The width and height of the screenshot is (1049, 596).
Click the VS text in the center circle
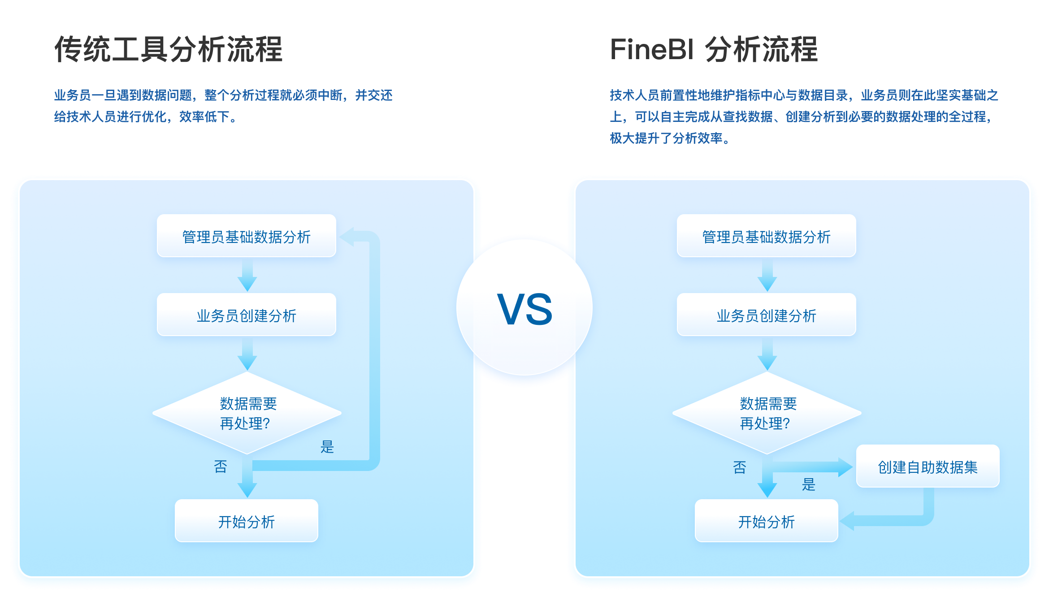pos(524,309)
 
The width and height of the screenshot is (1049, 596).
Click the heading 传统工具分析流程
pos(168,49)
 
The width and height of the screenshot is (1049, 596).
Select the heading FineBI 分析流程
pos(714,49)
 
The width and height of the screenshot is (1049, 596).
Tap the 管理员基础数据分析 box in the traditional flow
pos(246,236)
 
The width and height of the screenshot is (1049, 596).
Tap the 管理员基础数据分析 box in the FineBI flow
pos(766,236)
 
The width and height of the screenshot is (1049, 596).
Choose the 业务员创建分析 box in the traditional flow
pos(246,315)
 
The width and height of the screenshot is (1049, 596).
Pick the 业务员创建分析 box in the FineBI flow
pos(766,315)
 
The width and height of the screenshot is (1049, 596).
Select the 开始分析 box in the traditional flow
pos(246,521)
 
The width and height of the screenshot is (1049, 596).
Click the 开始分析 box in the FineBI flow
pos(766,521)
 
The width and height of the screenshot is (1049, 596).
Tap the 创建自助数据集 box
pos(928,466)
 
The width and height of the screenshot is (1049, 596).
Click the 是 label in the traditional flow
pos(327,446)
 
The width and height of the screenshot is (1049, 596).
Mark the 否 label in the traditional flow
pos(220,466)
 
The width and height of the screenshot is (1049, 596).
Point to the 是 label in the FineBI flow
pos(808,484)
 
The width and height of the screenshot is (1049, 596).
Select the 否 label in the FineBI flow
pos(739,467)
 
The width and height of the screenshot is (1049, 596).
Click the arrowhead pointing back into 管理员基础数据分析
pos(347,237)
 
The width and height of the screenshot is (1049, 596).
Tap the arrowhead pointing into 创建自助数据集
pos(845,467)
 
